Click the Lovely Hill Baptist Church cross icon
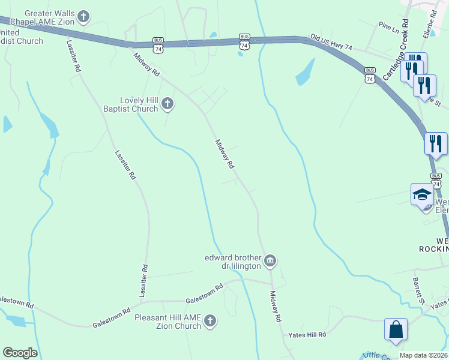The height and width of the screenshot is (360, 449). [168, 104]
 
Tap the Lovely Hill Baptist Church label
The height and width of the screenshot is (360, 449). [130, 104]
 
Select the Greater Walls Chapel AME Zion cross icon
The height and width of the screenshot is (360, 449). [83, 17]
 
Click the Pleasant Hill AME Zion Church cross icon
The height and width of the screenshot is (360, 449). [209, 322]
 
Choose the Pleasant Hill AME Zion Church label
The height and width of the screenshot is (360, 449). [167, 322]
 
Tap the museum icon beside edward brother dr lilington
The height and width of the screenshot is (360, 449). [270, 261]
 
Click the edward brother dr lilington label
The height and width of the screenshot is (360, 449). [233, 261]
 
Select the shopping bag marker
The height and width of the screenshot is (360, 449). [396, 329]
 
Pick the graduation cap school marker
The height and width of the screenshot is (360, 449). [422, 194]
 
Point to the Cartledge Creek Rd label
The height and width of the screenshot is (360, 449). [396, 50]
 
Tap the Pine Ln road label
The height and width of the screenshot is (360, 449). [388, 26]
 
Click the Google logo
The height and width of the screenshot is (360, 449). [20, 353]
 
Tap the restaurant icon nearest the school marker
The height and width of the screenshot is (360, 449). [436, 143]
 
